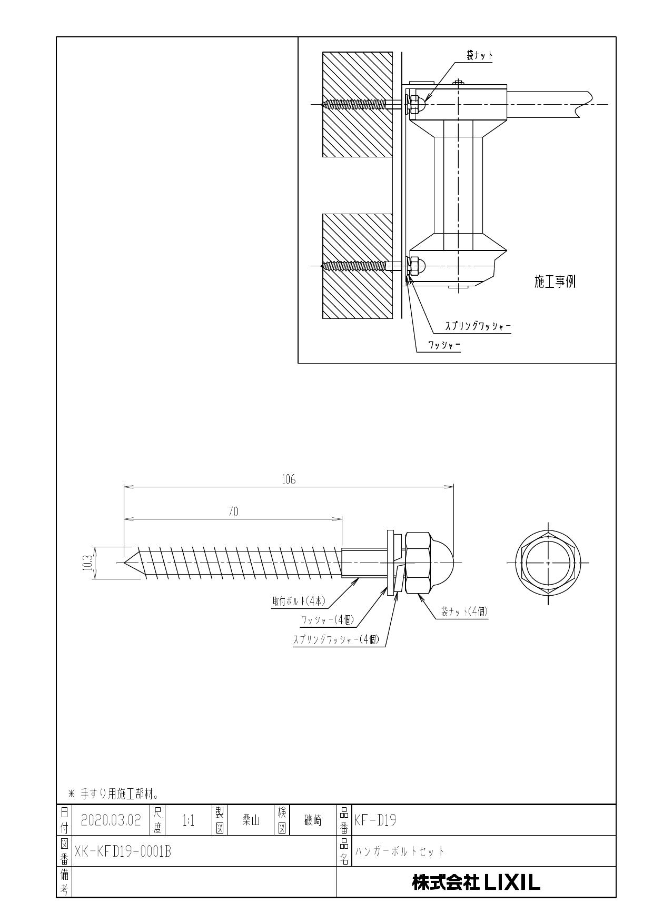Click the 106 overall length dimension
click(x=289, y=479)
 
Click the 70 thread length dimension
click(x=233, y=512)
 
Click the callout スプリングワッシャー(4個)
click(x=336, y=640)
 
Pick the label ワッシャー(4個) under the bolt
click(x=326, y=620)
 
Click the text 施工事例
click(x=555, y=282)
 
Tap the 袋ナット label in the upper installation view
click(x=479, y=55)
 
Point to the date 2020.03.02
click(x=111, y=820)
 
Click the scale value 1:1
click(x=188, y=820)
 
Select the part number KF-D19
click(x=376, y=820)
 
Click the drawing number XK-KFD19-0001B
click(x=123, y=851)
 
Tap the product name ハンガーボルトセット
click(x=400, y=851)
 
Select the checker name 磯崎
click(x=313, y=820)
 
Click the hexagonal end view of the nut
click(x=548, y=563)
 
